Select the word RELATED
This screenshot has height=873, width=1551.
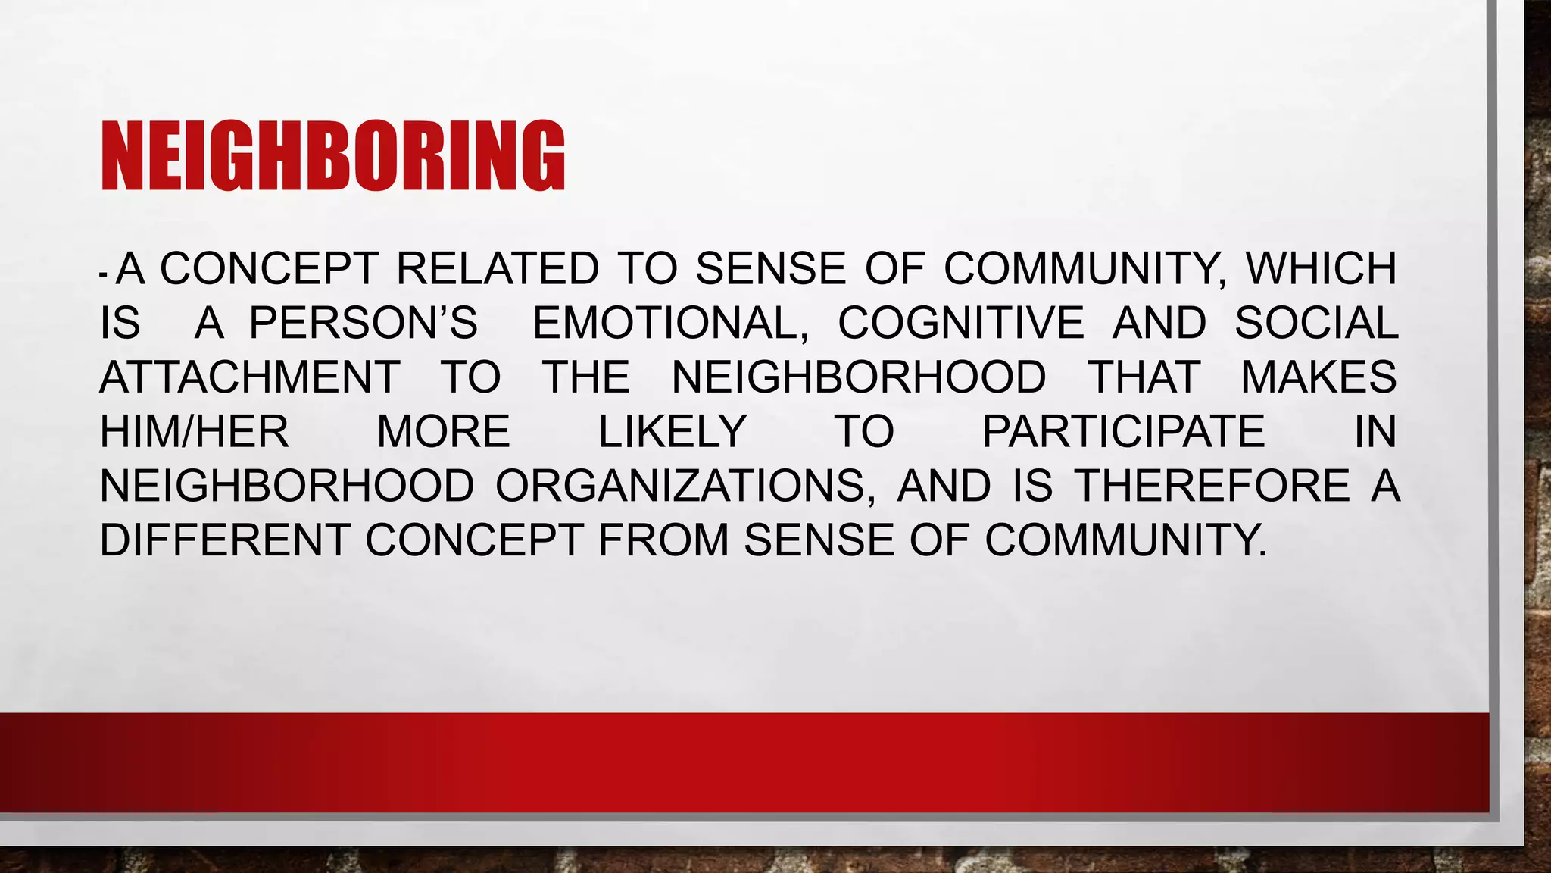[x=498, y=269]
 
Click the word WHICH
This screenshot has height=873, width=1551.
[x=1321, y=269]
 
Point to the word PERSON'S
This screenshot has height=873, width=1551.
[x=364, y=323]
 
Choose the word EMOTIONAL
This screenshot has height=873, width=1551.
[x=670, y=323]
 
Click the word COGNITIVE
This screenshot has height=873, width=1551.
[x=961, y=323]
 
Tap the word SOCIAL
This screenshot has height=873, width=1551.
[x=1316, y=323]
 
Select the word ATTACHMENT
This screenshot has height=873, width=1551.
[x=250, y=377]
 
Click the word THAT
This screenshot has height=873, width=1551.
[x=1144, y=377]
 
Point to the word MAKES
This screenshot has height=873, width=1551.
[x=1319, y=377]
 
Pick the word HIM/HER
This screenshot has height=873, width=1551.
[x=195, y=432]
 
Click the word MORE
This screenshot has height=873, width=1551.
[x=444, y=432]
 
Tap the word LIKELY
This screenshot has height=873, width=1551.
[x=673, y=432]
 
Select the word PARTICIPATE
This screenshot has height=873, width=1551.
[x=1123, y=432]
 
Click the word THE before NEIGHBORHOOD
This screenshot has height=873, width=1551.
[x=585, y=377]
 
